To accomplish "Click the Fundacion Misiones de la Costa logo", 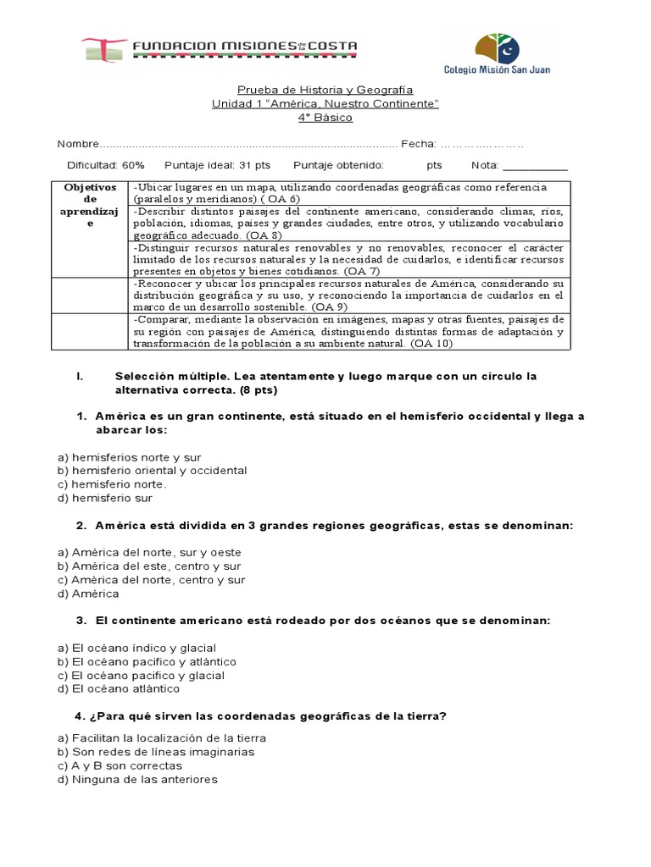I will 219,50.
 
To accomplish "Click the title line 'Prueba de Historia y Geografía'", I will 325,90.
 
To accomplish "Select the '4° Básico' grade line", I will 325,118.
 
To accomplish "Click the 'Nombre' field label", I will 78,144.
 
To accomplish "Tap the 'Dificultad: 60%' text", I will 106,165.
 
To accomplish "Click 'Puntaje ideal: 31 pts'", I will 218,165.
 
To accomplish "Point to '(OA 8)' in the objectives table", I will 264,235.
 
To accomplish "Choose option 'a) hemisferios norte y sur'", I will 129,456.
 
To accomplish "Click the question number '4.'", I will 81,716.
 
